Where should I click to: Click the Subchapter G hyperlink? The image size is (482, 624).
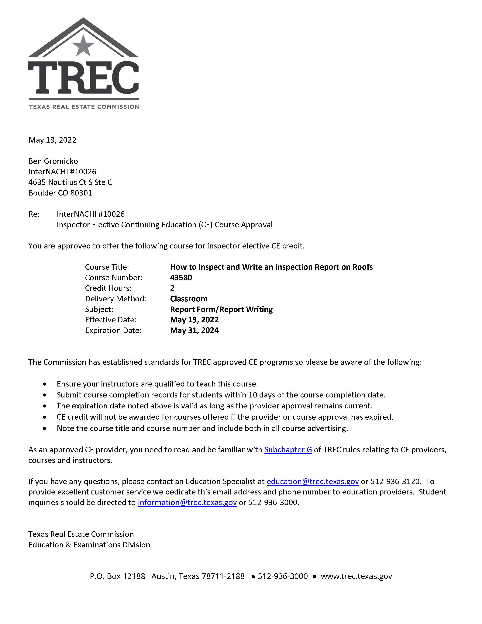[x=288, y=450]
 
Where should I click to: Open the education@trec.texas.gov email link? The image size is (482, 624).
[x=312, y=481]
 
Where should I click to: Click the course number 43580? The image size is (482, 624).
[x=181, y=277]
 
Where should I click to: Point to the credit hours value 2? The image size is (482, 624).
[x=172, y=288]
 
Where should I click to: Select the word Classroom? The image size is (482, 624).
[x=189, y=299]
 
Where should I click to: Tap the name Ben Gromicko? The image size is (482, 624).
[x=53, y=161]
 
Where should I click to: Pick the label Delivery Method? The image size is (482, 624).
[x=115, y=299]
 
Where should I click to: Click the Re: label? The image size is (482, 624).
[x=34, y=214]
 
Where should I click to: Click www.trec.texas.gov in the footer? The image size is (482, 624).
[x=356, y=576]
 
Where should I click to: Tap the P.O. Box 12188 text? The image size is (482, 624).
[x=117, y=576]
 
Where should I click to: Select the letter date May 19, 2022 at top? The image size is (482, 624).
[x=52, y=140]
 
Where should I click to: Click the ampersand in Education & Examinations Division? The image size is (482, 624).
[x=68, y=545]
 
